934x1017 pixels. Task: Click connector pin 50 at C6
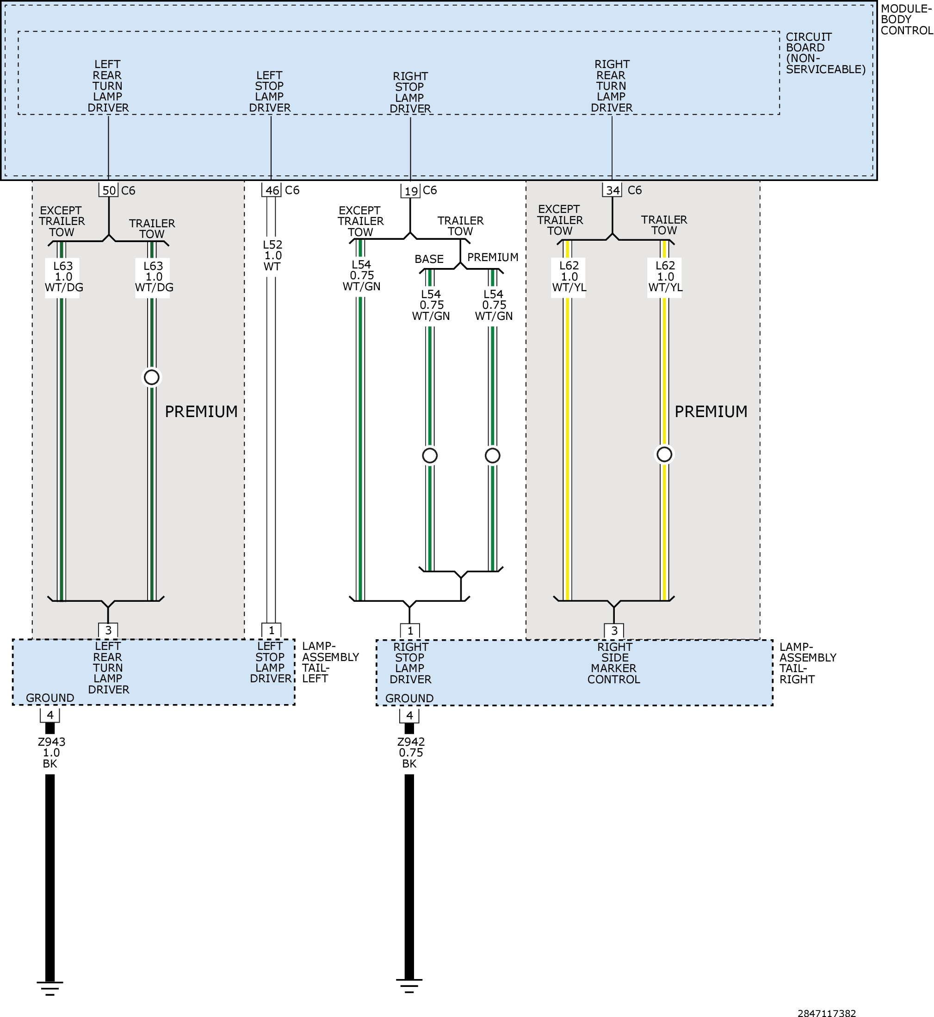109,191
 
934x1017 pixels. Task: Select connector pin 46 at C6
272,191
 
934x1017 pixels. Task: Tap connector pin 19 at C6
410,191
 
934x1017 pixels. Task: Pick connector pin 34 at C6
612,190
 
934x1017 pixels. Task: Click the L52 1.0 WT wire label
272,256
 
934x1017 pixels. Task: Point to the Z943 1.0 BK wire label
51,753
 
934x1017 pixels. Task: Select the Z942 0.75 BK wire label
410,753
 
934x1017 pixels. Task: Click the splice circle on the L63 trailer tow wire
152,377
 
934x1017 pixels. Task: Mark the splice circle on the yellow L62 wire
664,454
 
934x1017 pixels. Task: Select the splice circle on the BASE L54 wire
430,455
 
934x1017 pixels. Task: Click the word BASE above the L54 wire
429,259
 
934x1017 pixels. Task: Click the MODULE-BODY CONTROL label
907,20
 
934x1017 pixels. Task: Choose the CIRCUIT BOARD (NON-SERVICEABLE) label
825,53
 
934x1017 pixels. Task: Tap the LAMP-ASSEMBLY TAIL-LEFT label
330,662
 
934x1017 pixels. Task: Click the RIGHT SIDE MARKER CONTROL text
613,663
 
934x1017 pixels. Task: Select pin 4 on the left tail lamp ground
49,715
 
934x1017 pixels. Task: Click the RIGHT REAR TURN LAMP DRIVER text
612,86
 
